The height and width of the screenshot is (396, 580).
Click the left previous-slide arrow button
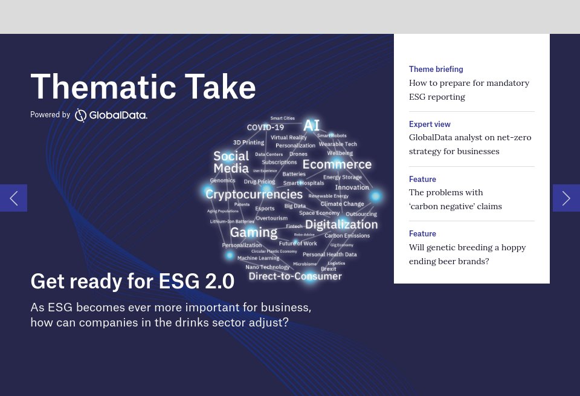(x=13, y=198)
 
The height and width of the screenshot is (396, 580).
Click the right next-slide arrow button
(x=566, y=198)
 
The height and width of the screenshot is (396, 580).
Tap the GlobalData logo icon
(x=81, y=115)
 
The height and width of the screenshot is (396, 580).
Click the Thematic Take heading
(x=143, y=86)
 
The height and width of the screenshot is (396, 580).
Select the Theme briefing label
(x=436, y=69)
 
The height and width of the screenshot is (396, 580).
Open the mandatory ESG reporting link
(x=469, y=89)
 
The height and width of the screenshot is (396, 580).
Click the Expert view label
(x=429, y=124)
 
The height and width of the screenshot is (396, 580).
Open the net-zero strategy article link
(x=469, y=144)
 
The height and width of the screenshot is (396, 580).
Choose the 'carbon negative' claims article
(x=455, y=199)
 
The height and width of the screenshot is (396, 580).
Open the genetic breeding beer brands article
(x=467, y=254)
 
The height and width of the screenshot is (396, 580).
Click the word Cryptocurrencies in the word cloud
(x=254, y=194)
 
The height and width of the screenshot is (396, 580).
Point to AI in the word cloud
(x=311, y=125)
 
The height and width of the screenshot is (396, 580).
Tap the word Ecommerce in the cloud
(x=337, y=164)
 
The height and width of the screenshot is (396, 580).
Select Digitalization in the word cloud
(x=341, y=224)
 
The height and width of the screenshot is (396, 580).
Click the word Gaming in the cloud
(x=254, y=232)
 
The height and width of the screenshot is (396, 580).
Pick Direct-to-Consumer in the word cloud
(x=295, y=276)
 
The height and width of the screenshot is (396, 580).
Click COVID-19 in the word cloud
(x=265, y=128)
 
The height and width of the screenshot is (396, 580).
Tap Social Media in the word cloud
(x=231, y=162)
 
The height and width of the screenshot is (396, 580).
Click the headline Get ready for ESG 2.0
(x=132, y=281)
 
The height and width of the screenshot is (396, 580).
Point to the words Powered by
(x=50, y=115)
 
